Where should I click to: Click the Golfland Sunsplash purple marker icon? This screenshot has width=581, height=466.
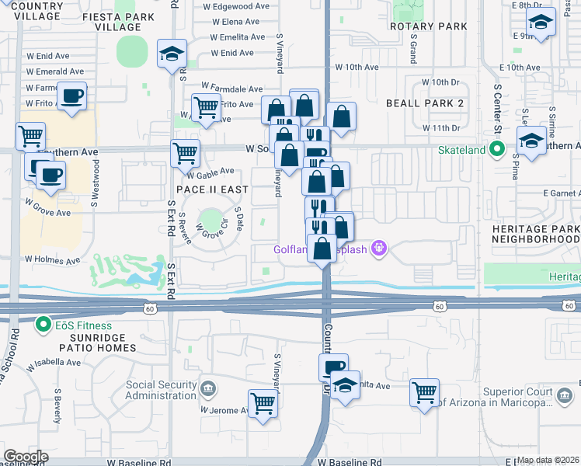pos(379,249)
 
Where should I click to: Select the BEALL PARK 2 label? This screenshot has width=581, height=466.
pos(425,103)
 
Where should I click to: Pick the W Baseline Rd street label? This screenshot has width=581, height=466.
pos(350,461)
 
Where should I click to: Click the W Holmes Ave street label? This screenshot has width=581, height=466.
pos(53,259)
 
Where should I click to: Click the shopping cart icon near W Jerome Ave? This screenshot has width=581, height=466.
pos(263,403)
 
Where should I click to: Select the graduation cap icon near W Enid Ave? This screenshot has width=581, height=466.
pos(172,54)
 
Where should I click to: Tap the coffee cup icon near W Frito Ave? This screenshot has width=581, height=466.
pos(72,96)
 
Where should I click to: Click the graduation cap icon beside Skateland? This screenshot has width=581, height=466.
pos(531,141)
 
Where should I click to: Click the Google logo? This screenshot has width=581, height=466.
pos(26,457)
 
